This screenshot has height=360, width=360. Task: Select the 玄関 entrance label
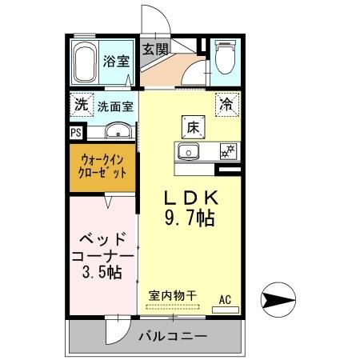pos(156,48)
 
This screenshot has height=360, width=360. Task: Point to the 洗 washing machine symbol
pos(80,104)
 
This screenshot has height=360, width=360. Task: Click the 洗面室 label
pos(115,105)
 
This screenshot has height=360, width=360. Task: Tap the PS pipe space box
pos(76,133)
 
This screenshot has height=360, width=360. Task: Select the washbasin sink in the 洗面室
pos(118,132)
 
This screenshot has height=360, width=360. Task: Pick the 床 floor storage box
pos(194,126)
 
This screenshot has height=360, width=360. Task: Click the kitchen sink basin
pos(190,152)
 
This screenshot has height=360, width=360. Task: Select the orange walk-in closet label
pos(102,166)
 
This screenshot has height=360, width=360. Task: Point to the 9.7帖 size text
pos(191,218)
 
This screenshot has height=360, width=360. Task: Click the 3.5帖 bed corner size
pos(101,272)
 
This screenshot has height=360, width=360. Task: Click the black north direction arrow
pos(277,301)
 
